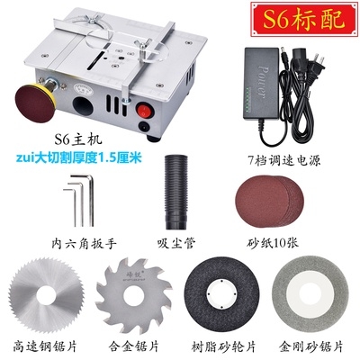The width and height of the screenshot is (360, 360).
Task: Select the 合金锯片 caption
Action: tap(136, 345)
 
